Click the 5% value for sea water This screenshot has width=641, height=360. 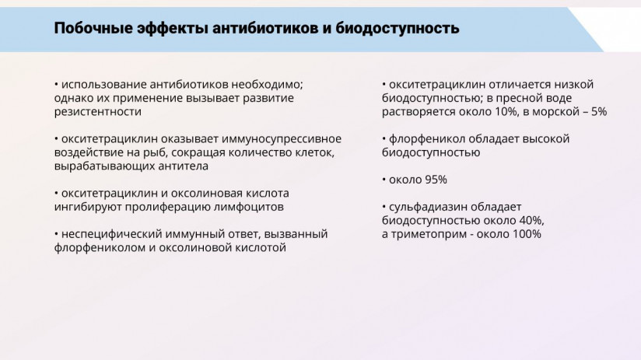(599, 112)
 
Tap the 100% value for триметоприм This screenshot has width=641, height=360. (527, 234)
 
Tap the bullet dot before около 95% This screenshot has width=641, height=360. (384, 180)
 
